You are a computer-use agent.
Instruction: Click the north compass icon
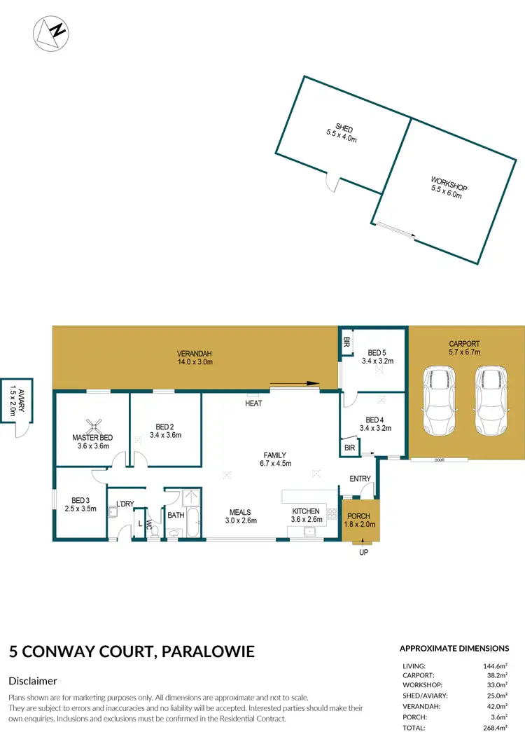50,32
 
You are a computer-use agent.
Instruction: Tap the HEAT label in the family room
253,404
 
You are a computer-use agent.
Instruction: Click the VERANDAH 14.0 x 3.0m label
195,357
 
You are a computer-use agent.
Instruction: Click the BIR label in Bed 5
346,343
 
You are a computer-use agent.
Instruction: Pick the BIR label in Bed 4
349,448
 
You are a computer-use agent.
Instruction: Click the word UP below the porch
363,553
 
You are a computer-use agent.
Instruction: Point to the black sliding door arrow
294,383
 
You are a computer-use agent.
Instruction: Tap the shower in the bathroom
190,498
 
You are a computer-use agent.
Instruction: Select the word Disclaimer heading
32,681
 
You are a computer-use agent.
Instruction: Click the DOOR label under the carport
439,460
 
